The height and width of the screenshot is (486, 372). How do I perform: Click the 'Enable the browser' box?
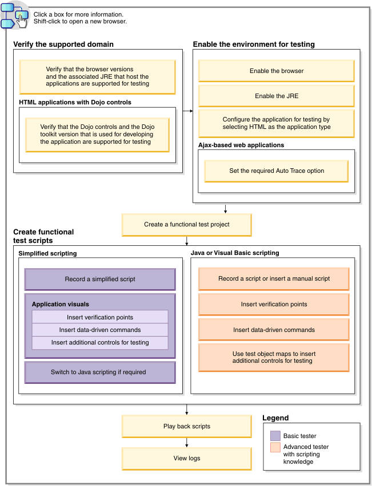(276, 71)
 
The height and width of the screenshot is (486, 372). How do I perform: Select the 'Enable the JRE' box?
(276, 96)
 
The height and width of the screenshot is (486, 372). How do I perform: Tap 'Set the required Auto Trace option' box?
(276, 171)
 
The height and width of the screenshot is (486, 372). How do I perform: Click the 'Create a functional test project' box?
(186, 225)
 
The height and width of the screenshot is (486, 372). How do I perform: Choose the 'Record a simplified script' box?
(100, 280)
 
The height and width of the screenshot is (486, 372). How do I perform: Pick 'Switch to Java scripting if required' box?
(100, 372)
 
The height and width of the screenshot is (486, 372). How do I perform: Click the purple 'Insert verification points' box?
(100, 317)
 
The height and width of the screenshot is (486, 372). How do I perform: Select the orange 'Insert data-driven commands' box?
(273, 330)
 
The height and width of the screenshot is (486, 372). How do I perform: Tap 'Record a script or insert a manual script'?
(273, 279)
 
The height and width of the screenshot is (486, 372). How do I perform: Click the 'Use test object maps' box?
(273, 357)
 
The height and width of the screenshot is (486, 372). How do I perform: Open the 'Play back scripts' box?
(186, 426)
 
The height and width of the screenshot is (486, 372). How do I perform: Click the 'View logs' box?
(186, 458)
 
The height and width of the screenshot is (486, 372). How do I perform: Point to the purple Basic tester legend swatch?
(275, 436)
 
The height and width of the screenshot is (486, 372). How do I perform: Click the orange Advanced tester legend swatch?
(275, 448)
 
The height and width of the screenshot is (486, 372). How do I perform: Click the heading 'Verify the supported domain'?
(63, 44)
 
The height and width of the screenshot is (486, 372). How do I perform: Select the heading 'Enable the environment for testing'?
(253, 44)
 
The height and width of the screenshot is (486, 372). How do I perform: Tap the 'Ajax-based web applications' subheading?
(241, 145)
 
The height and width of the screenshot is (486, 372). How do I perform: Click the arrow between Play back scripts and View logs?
(186, 442)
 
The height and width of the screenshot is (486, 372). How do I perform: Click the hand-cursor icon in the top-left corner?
(21, 18)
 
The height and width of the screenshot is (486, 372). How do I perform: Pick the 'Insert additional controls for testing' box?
(100, 342)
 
